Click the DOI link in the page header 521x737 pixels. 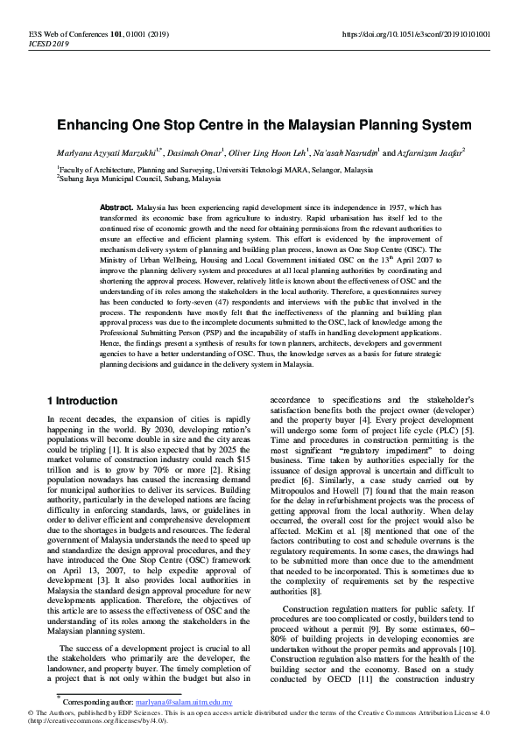(x=415, y=34)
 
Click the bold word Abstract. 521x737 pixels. (x=116, y=208)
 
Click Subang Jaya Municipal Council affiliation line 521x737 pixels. (x=140, y=178)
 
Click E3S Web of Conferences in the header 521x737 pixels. (x=54, y=34)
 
